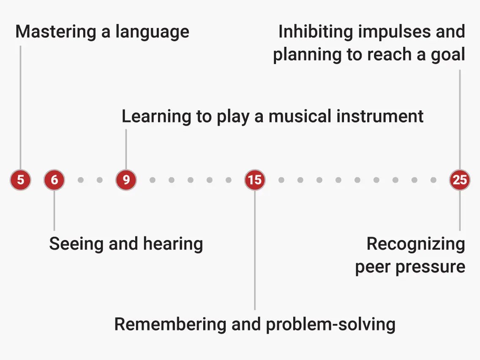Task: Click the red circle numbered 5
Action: click(20, 180)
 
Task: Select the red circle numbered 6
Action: click(54, 180)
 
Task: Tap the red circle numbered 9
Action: click(126, 180)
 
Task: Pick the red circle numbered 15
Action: click(254, 180)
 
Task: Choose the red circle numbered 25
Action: click(459, 180)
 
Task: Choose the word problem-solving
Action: click(330, 325)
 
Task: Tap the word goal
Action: click(446, 55)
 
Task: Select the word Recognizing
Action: click(415, 244)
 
